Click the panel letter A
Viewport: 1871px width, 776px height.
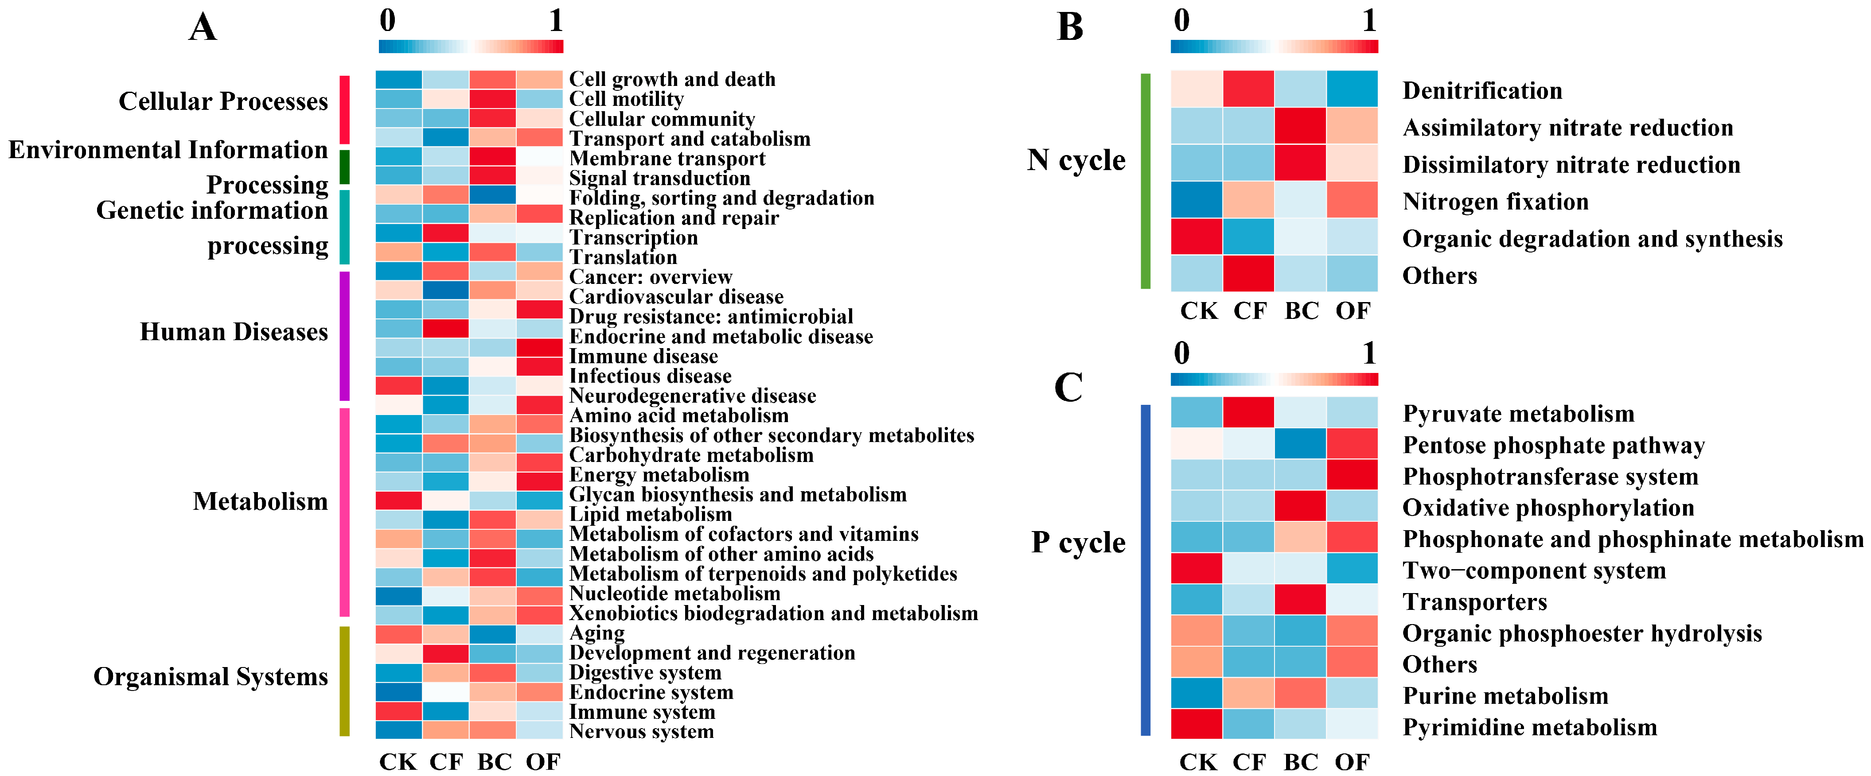pos(203,27)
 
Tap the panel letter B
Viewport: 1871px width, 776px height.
pos(1070,27)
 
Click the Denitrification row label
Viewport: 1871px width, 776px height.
pos(1482,91)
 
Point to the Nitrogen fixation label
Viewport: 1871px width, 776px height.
pos(1495,202)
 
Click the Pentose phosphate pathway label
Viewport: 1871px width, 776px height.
pos(1554,445)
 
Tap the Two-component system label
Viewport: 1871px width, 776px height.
pos(1534,570)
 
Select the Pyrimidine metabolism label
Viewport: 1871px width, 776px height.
pos(1530,727)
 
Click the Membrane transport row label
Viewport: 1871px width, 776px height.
pos(667,158)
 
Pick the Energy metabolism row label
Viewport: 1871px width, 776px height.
pos(659,475)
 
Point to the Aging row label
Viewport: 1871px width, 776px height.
pos(596,633)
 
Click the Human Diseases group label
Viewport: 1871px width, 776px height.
pos(234,332)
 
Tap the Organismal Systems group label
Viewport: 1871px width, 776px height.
pos(210,676)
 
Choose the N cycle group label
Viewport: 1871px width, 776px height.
pos(1076,160)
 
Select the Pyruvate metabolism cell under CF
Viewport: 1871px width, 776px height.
pos(1248,412)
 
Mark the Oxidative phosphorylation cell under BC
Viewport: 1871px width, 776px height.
pos(1300,506)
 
